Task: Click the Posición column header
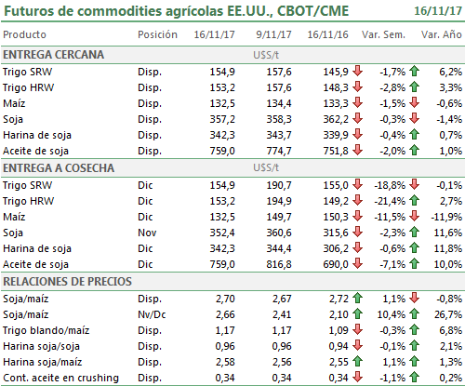click(x=157, y=34)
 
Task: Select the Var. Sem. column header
click(x=383, y=34)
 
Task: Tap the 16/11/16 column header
click(x=327, y=34)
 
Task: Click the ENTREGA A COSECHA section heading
click(x=59, y=168)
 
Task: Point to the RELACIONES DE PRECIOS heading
click(x=67, y=282)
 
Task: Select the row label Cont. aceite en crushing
click(x=60, y=378)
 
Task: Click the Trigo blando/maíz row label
click(x=46, y=330)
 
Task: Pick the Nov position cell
click(x=147, y=233)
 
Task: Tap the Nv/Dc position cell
click(x=152, y=314)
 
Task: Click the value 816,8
click(x=279, y=264)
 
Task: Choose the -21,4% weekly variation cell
click(x=390, y=201)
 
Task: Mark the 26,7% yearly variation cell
click(x=448, y=314)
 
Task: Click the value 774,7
click(x=279, y=151)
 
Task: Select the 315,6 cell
click(x=336, y=233)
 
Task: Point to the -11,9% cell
click(x=446, y=217)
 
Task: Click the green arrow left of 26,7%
click(x=414, y=314)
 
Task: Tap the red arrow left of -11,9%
click(x=414, y=216)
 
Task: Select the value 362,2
click(x=336, y=119)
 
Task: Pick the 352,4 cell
click(x=222, y=233)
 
